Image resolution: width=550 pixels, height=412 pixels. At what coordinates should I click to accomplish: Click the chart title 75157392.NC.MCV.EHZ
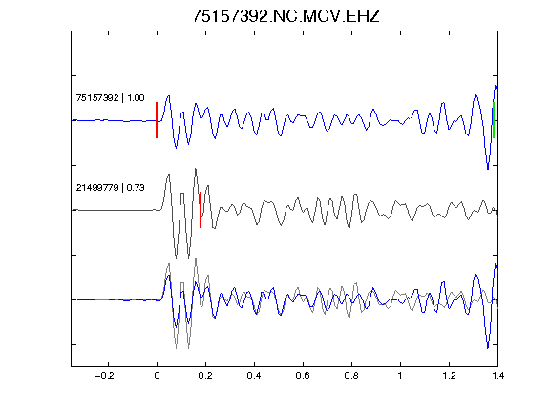286,16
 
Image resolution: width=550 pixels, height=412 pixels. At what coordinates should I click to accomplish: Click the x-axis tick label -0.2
104,376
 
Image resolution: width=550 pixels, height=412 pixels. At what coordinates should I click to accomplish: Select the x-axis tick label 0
157,376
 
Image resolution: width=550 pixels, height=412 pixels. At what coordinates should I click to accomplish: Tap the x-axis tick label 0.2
205,376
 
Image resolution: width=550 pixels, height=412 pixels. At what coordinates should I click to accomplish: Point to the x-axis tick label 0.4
254,376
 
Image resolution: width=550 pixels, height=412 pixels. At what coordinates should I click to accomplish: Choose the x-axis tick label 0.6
303,376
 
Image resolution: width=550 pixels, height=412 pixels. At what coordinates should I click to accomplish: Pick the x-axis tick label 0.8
351,376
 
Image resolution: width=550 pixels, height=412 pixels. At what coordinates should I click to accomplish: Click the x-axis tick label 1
400,376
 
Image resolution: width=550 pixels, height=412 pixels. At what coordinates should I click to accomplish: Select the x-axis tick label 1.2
449,376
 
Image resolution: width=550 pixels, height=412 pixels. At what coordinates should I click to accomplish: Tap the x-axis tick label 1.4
497,376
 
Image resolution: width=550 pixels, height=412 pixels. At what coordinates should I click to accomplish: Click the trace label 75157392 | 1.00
110,97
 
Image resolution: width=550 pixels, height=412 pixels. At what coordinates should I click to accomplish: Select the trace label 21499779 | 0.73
110,188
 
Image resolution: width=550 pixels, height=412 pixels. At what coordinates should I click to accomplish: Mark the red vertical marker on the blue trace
157,120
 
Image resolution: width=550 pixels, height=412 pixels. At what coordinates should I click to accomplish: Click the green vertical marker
494,120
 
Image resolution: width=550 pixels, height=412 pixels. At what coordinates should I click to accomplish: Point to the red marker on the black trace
201,210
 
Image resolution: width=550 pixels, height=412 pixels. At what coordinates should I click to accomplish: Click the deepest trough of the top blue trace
488,169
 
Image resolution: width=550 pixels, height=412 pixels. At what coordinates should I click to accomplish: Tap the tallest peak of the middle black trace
196,169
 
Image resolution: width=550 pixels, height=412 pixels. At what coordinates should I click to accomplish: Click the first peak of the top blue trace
169,95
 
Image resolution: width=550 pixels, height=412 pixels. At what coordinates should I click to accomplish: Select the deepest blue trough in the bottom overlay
488,348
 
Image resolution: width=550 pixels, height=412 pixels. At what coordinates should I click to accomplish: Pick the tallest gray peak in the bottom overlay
196,258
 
